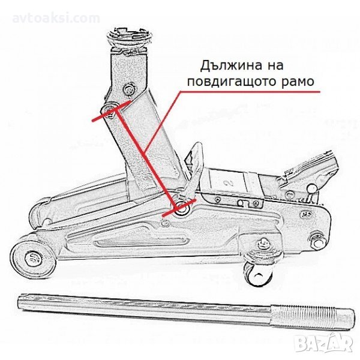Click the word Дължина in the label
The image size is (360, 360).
[231, 66]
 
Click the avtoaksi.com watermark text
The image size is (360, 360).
[56, 19]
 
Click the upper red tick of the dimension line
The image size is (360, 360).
[112, 111]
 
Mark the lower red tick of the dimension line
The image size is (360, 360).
[179, 208]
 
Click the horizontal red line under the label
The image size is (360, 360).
[250, 92]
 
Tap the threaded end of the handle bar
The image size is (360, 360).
[312, 316]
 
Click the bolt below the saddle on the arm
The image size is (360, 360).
[129, 88]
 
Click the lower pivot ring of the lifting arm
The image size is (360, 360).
[182, 208]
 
